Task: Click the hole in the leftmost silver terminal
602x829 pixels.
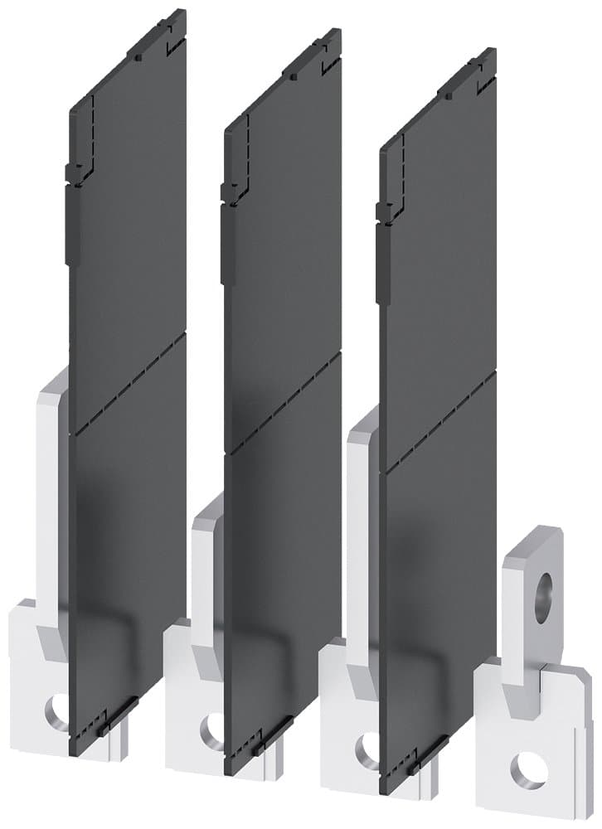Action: coord(56,709)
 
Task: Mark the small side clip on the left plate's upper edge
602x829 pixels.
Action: coord(72,172)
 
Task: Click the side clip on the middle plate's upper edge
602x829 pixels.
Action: coord(227,192)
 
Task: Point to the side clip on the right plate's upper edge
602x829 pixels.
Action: coord(383,211)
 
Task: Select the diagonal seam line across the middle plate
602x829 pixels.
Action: coord(282,405)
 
